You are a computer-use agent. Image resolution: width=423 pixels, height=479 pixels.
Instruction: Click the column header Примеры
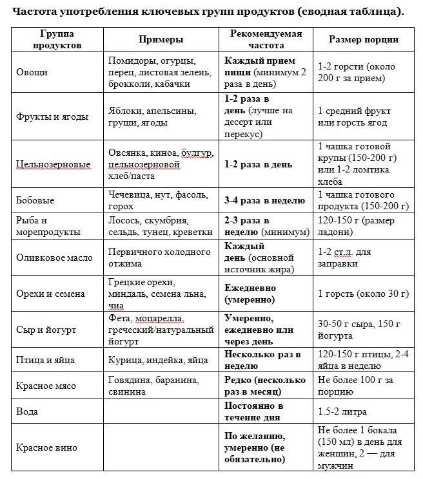point(161,39)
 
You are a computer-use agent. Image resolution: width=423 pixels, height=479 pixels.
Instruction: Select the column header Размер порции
point(363,39)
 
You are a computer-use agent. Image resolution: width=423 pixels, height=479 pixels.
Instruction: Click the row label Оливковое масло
point(55,258)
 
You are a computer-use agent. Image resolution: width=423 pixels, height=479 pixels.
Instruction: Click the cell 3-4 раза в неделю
point(264,201)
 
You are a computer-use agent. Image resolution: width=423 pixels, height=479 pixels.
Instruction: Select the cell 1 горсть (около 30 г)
point(363,294)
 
